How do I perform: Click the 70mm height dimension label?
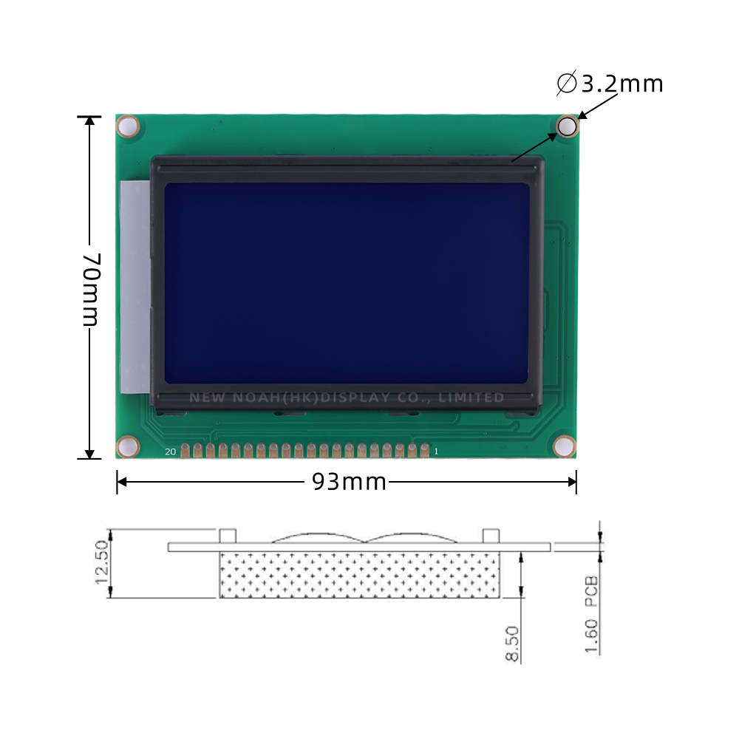(90, 289)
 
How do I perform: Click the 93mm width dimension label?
(349, 482)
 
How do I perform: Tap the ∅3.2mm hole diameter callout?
(610, 84)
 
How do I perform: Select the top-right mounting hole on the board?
(567, 126)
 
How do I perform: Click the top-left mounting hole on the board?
(127, 126)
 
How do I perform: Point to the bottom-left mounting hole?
(127, 446)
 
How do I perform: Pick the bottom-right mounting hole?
(564, 446)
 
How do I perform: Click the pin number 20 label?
(170, 452)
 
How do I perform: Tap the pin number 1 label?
(436, 451)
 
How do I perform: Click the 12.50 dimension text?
(101, 562)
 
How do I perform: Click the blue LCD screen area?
(347, 282)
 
